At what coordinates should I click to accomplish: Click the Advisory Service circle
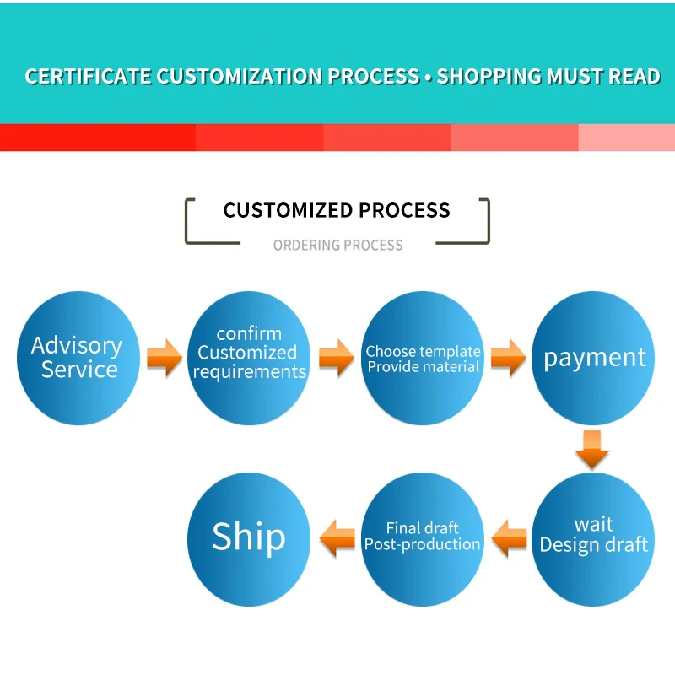78,358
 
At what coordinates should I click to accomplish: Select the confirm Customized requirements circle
249,358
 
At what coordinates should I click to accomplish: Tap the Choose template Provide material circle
424,358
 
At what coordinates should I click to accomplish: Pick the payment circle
594,358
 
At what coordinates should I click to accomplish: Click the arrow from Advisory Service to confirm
164,358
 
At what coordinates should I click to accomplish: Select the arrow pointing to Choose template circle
336,358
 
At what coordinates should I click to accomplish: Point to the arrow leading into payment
508,358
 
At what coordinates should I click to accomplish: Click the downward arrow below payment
592,449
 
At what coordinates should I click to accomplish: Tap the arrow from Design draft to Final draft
510,537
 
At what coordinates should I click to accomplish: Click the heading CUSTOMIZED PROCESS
337,210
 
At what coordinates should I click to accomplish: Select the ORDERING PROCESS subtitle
337,246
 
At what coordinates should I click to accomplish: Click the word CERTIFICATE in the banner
88,77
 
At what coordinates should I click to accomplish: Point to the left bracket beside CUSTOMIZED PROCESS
189,221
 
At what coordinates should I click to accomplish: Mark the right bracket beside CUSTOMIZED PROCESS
485,221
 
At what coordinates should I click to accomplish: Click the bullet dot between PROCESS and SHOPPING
428,78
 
